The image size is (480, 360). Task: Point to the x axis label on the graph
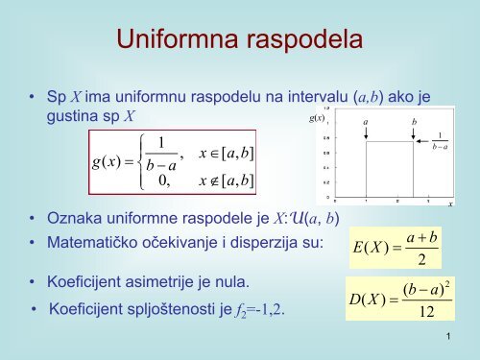tap(450, 204)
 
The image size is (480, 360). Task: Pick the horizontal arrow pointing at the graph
tap(428, 141)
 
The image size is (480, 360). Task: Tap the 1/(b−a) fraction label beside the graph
tap(441, 140)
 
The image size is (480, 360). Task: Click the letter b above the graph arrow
tap(415, 123)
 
